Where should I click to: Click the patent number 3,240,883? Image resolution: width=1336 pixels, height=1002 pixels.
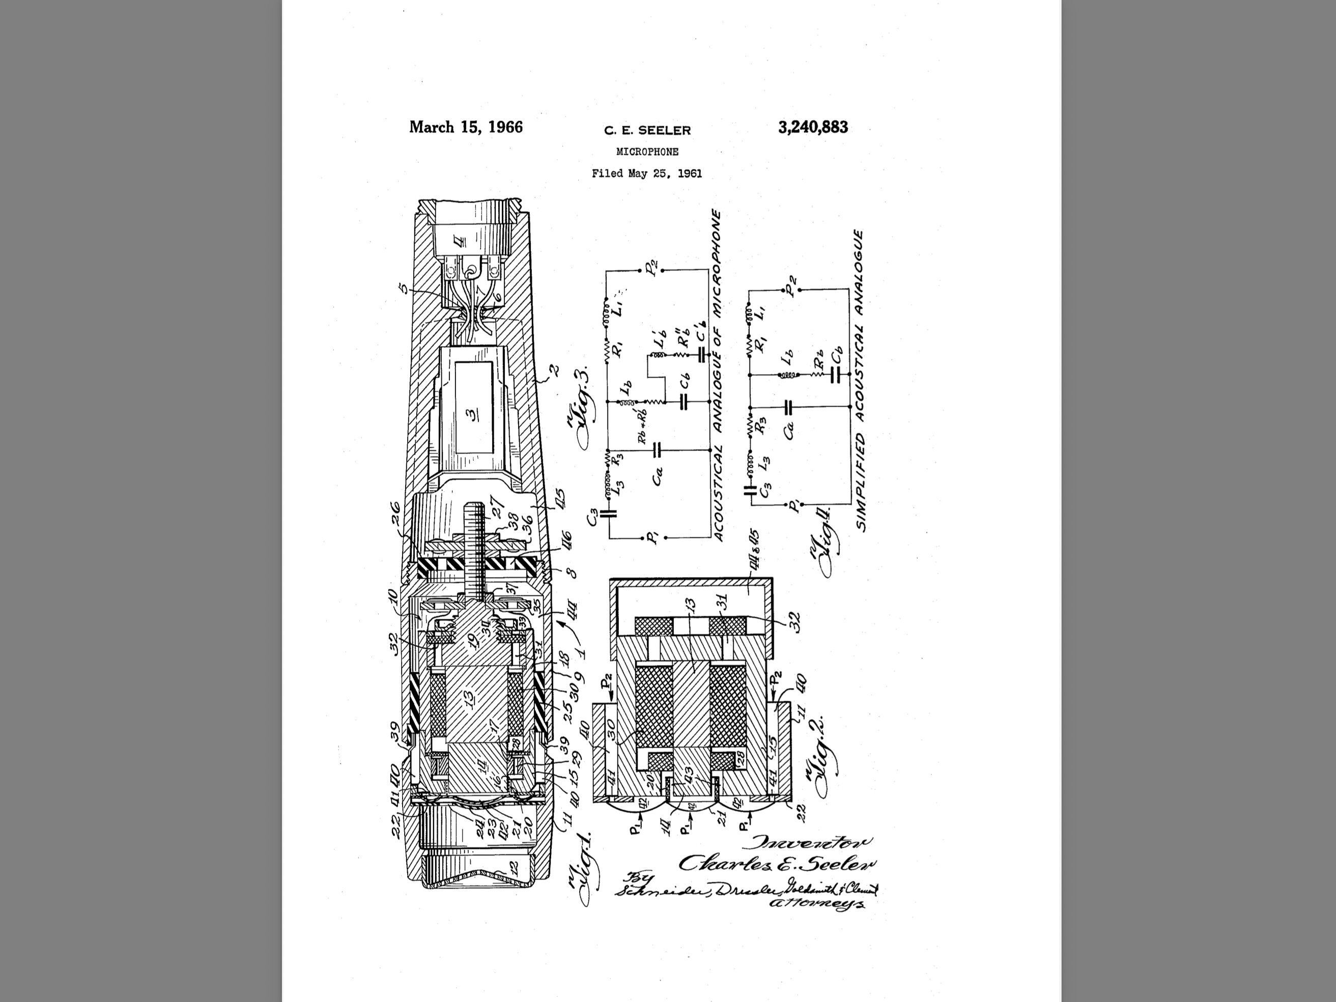point(812,127)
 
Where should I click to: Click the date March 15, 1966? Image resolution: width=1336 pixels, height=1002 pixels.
point(466,127)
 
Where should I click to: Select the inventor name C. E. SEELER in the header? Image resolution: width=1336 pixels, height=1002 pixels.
point(647,130)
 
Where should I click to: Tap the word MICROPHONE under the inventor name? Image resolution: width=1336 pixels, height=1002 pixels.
point(647,152)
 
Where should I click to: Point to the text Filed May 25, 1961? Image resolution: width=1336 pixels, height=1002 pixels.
point(647,174)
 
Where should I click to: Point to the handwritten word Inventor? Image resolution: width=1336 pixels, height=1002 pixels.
point(810,843)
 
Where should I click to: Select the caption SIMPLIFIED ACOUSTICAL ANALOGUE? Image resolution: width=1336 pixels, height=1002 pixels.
point(860,381)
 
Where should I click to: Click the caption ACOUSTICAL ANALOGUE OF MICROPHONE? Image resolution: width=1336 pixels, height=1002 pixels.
point(718,375)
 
